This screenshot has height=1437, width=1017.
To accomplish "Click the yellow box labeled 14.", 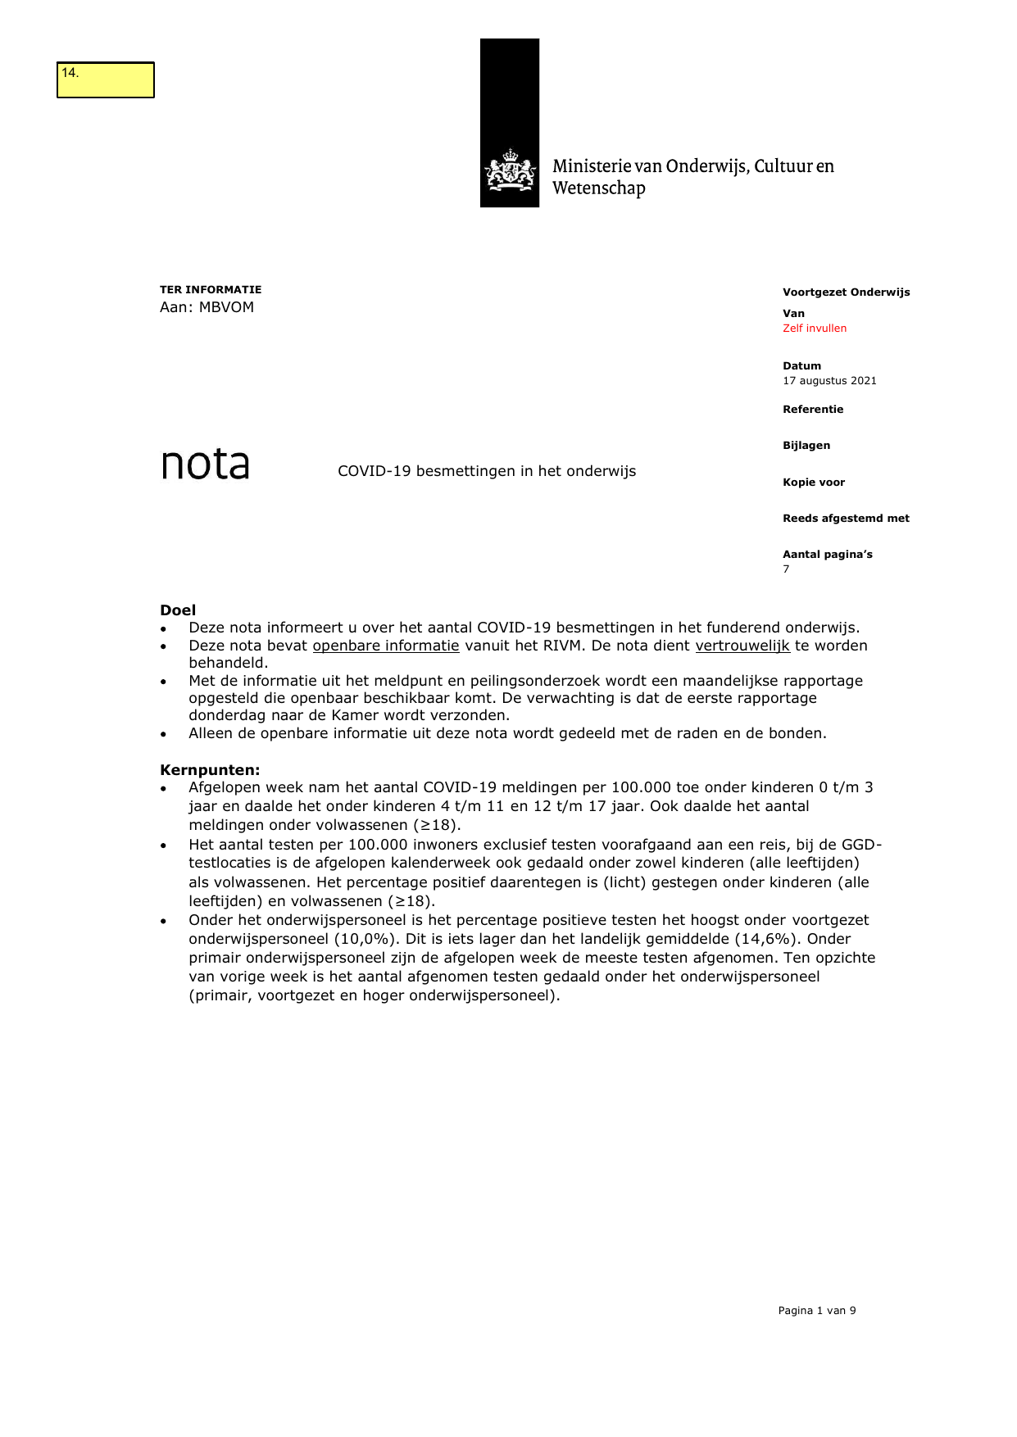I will (x=105, y=80).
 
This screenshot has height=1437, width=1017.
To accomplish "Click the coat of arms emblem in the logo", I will (x=510, y=170).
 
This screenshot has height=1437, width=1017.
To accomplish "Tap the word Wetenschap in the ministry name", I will (x=598, y=188).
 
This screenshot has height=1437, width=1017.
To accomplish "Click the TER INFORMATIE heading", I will (x=211, y=289).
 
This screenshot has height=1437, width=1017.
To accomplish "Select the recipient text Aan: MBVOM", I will (x=207, y=307).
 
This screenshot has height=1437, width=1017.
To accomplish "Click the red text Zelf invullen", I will (x=814, y=329).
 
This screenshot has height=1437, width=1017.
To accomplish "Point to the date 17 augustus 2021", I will (x=829, y=381).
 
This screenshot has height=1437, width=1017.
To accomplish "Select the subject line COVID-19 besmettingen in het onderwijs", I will (x=487, y=471).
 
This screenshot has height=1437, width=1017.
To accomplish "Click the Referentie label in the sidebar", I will (x=812, y=410).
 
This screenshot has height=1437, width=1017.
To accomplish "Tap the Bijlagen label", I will (x=806, y=446).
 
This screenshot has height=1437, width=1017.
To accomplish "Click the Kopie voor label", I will (x=813, y=483).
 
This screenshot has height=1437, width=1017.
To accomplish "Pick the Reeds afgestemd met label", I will (x=845, y=519).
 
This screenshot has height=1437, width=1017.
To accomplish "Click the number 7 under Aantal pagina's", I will (x=786, y=569).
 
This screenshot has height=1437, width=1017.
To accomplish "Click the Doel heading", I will (x=178, y=610).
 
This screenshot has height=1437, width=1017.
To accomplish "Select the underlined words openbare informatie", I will (x=386, y=646).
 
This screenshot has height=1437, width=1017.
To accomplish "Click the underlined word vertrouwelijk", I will (x=742, y=646).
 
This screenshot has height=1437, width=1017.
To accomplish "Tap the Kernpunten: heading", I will (x=210, y=770).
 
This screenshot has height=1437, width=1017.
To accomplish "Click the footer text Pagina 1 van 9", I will (x=816, y=1311).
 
